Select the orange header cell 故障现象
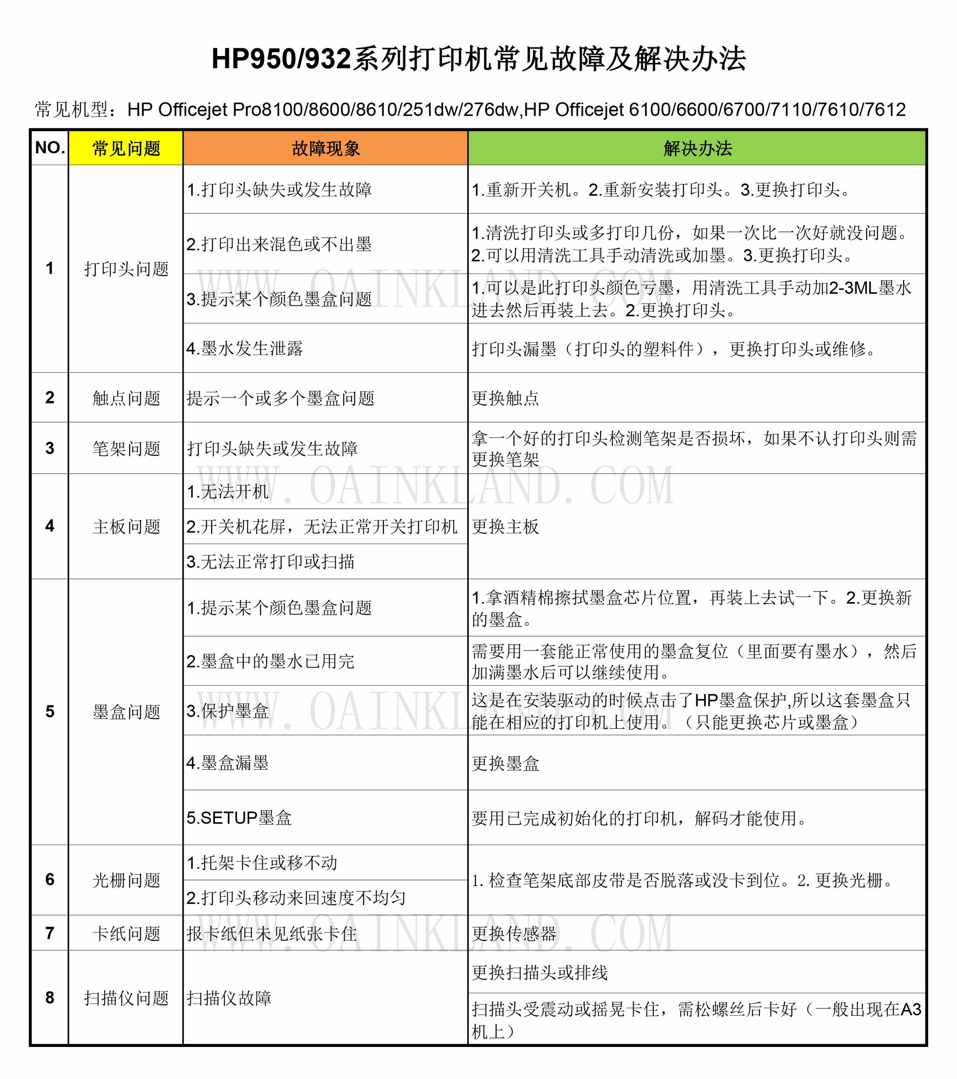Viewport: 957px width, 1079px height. pos(325,148)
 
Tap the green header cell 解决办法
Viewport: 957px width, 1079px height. pos(697,148)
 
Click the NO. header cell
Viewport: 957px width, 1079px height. pos(50,148)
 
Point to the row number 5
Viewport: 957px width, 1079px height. pos(50,711)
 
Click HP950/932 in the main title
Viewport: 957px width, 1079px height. pos(281,58)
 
